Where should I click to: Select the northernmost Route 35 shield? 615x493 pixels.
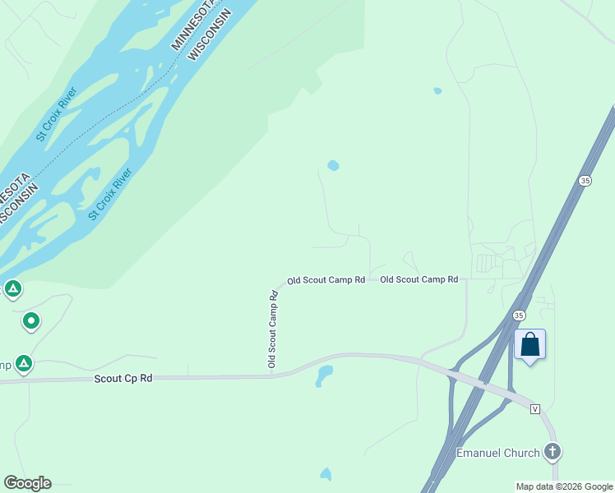point(585,181)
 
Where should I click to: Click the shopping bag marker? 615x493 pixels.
point(530,344)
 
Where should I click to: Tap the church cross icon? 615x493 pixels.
point(553,451)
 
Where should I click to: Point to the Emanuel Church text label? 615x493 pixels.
point(498,453)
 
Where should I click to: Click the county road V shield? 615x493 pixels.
point(536,408)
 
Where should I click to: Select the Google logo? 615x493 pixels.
point(27,483)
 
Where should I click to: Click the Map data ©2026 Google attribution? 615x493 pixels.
point(565,486)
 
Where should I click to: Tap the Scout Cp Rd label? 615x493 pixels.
point(123,379)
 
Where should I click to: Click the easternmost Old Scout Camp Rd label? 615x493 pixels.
point(418,280)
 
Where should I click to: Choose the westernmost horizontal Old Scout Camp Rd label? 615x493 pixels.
point(326,280)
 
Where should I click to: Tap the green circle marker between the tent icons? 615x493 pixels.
point(31,320)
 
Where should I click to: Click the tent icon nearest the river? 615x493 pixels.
point(12,288)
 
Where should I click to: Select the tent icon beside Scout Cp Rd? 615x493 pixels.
point(23,362)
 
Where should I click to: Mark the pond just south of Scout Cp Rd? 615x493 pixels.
point(324,376)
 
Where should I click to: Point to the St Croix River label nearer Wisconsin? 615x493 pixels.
point(110,194)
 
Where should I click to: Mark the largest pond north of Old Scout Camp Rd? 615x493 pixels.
point(333,165)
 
